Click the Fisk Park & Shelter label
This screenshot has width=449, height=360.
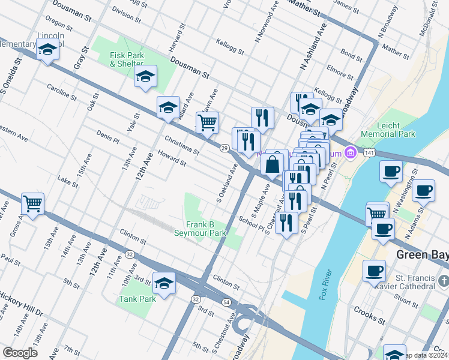coord(126,59)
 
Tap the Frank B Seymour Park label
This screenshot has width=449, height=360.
coord(200,229)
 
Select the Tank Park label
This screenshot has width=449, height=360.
coord(137,299)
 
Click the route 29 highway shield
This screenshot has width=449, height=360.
coord(223,148)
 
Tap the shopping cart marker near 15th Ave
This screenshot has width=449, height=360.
coord(32,203)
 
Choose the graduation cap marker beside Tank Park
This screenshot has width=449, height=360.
coord(163,283)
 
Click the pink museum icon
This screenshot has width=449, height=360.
coord(352,154)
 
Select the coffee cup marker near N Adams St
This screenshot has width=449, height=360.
coord(424,190)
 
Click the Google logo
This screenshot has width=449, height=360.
coord(20,353)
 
